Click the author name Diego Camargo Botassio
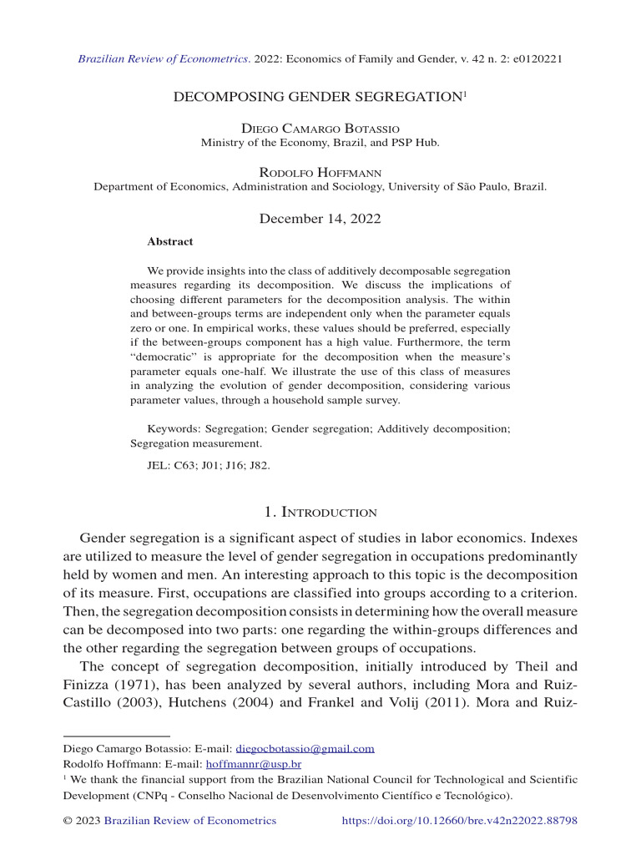(320, 129)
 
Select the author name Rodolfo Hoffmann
(320, 173)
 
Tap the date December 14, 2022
(320, 219)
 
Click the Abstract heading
(169, 242)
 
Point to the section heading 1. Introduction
(320, 512)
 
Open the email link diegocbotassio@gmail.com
(305, 749)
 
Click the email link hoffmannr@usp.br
(254, 764)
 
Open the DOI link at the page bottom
(460, 821)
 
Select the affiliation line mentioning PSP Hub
(320, 143)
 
